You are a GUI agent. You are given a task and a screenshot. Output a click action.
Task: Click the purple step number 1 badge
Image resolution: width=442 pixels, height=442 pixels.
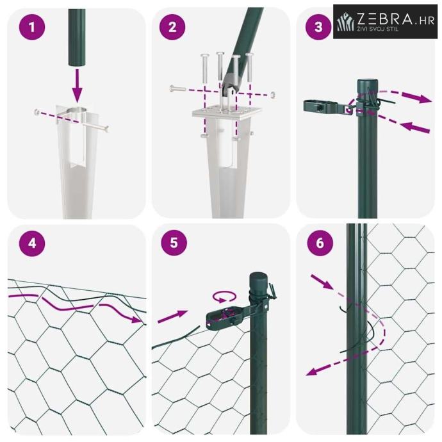pyautogui.click(x=32, y=27)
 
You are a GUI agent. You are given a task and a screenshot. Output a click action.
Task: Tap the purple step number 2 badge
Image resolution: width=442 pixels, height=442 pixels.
pyautogui.click(x=172, y=27)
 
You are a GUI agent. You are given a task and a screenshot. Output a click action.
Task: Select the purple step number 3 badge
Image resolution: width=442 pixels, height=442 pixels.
pyautogui.click(x=318, y=27)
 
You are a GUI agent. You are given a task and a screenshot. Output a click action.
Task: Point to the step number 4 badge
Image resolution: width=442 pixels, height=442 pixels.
pyautogui.click(x=32, y=243)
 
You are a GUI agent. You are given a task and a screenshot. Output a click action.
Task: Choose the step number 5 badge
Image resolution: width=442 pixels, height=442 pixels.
pyautogui.click(x=174, y=242)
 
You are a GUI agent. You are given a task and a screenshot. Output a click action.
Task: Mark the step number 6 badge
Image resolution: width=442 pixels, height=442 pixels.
pyautogui.click(x=320, y=243)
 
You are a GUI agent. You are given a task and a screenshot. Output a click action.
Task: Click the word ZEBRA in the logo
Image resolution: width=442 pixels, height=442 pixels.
pyautogui.click(x=385, y=19)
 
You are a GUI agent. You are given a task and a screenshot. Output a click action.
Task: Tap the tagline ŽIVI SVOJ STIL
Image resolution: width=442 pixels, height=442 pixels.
pyautogui.click(x=378, y=29)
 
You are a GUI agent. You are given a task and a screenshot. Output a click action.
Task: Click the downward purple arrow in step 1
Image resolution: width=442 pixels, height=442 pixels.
pyautogui.click(x=77, y=86)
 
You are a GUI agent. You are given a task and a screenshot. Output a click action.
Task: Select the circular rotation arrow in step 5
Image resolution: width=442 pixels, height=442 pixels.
pyautogui.click(x=224, y=297)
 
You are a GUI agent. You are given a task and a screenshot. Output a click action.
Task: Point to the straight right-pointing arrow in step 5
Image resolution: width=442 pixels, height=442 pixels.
pyautogui.click(x=172, y=316)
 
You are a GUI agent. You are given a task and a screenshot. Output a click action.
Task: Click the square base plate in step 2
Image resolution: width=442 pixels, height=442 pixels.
pyautogui.click(x=227, y=113)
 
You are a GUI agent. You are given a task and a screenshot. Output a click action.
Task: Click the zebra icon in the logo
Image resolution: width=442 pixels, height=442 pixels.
pyautogui.click(x=346, y=22)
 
